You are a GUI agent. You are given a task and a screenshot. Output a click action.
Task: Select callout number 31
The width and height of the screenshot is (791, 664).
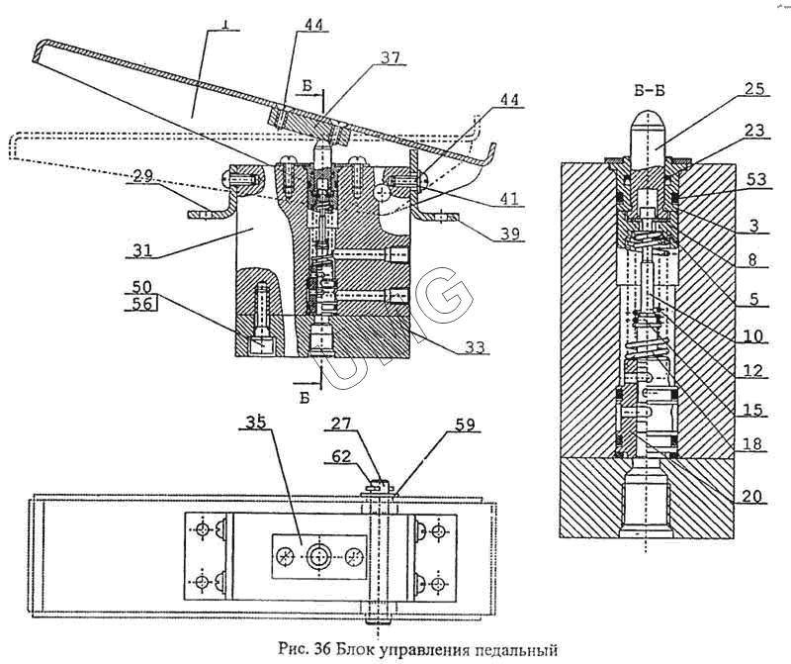tap(142, 250)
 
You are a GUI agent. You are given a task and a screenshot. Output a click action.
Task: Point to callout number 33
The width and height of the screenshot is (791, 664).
tap(475, 347)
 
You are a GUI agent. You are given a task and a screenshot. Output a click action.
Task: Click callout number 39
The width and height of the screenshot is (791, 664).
tap(508, 234)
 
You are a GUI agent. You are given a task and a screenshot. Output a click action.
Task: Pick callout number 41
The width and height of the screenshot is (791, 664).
tap(508, 198)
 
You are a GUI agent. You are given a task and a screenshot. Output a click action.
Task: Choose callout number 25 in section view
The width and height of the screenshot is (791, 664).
tap(752, 89)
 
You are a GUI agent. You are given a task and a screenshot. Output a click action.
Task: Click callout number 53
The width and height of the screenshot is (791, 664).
tap(755, 180)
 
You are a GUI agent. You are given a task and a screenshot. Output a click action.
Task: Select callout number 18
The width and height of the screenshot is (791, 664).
tap(752, 443)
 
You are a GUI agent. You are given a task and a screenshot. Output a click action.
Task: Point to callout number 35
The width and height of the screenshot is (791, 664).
tap(255, 423)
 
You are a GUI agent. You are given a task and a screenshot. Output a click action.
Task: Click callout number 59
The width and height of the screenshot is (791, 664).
tap(464, 425)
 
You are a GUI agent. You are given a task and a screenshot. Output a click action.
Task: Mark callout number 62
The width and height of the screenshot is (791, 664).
tap(341, 456)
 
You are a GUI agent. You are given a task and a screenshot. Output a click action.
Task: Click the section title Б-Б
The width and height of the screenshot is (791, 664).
tap(649, 91)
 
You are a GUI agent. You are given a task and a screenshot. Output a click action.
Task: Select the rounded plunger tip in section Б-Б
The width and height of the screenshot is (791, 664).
tap(649, 121)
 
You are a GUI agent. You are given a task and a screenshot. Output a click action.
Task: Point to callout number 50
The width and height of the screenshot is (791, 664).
tap(141, 287)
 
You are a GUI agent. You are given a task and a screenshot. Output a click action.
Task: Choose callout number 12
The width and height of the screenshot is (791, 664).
tap(753, 371)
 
